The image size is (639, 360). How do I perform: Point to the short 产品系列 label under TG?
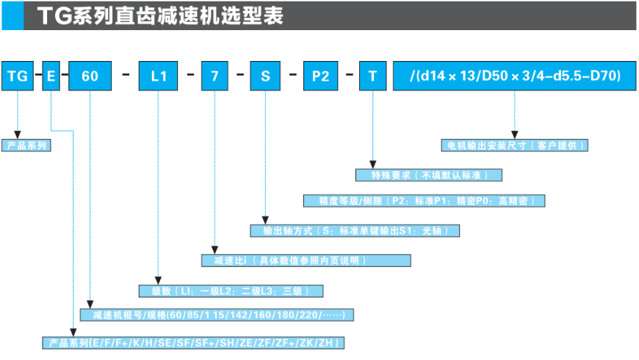click(x=26, y=145)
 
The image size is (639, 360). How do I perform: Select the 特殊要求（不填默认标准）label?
click(x=429, y=175)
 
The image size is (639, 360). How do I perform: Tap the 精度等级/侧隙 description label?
click(x=425, y=201)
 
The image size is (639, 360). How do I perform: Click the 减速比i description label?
click(x=306, y=260)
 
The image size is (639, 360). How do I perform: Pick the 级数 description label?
click(x=231, y=290)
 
